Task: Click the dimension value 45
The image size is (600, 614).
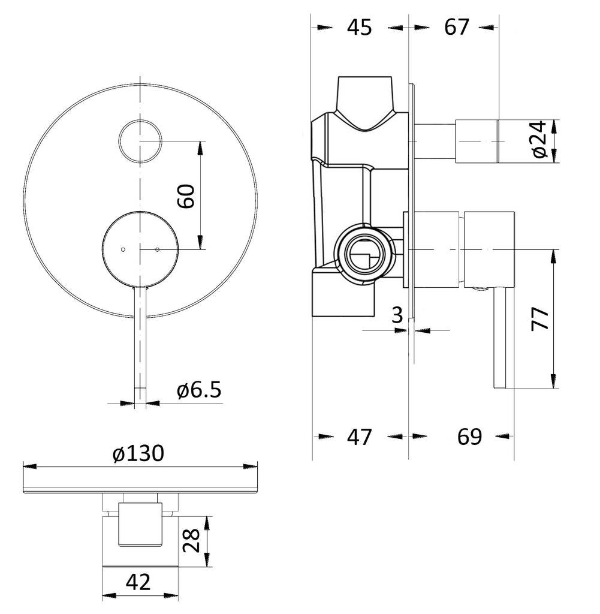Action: [x=360, y=28]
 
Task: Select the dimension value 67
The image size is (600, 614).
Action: [x=457, y=28]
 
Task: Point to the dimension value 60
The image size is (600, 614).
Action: [x=187, y=195]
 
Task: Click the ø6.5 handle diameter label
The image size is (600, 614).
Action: [x=199, y=390]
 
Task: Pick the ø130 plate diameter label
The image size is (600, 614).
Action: [x=137, y=454]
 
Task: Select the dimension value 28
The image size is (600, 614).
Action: [x=191, y=541]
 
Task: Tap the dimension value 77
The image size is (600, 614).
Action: [x=541, y=318]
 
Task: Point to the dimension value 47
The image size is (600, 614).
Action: [x=360, y=437]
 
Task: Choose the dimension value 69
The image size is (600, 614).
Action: [x=469, y=437]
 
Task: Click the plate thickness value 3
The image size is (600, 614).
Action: [x=397, y=315]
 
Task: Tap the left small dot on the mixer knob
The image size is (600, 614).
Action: [x=122, y=249]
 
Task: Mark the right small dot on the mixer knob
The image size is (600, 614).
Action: [x=157, y=249]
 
